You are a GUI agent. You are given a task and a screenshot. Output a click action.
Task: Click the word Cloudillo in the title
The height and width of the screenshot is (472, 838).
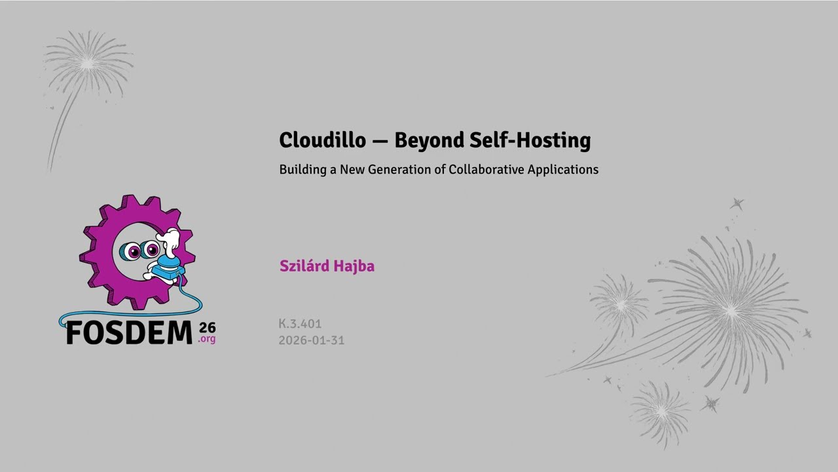tap(322, 140)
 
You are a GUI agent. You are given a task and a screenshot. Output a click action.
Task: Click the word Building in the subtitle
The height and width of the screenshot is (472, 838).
tap(302, 169)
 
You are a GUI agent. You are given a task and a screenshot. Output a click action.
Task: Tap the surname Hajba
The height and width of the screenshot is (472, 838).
tap(354, 266)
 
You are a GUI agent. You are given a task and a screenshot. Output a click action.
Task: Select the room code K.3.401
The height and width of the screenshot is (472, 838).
tap(300, 324)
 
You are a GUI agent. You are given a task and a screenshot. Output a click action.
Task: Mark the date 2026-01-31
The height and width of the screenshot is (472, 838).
tap(311, 340)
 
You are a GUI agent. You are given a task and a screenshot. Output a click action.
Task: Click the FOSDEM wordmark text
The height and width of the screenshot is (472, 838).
tap(129, 333)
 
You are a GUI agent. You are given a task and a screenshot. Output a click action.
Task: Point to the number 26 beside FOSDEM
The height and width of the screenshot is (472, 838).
tap(207, 327)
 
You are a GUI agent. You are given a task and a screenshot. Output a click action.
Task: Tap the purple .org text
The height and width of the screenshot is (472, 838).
tap(207, 340)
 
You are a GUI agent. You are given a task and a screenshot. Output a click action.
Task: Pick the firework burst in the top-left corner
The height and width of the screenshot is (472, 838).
tap(88, 63)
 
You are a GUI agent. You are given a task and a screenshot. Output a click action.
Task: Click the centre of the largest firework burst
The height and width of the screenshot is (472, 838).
tap(730, 309)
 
